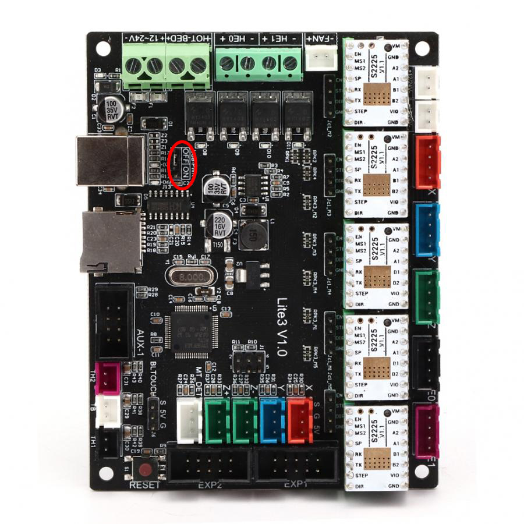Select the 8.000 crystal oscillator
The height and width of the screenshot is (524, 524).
coord(191,276)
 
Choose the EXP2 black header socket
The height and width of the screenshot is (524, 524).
coord(210,466)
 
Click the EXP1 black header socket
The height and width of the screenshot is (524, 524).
coord(298,466)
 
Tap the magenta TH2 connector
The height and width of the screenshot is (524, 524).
coord(108,376)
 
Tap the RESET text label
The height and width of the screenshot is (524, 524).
coord(144,485)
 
